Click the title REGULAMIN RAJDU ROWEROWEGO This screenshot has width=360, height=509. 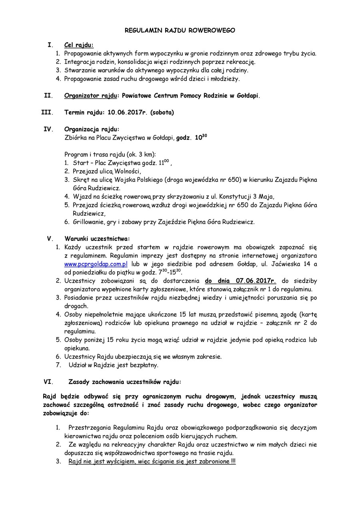pyautogui.click(x=180, y=30)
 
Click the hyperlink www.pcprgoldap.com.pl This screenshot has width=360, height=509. pyautogui.click(x=96, y=264)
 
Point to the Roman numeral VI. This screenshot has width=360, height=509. pyautogui.click(x=48, y=382)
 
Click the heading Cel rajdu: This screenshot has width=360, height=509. pyautogui.click(x=79, y=45)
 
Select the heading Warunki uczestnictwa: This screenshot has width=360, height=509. pyautogui.click(x=97, y=239)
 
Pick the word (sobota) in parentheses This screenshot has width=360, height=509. pyautogui.click(x=162, y=113)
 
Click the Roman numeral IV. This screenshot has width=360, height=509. pyautogui.click(x=48, y=130)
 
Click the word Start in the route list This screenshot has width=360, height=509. pyautogui.click(x=80, y=163)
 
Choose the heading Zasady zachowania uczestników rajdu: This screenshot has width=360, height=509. pyautogui.click(x=125, y=382)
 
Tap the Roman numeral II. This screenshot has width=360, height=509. pyautogui.click(x=48, y=96)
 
